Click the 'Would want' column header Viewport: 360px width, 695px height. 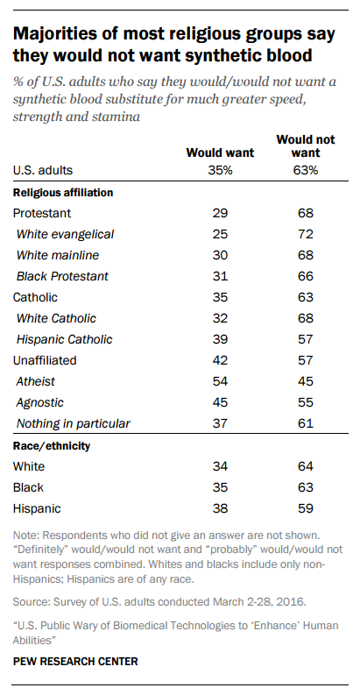pos(220,152)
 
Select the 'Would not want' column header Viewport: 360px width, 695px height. pos(306,146)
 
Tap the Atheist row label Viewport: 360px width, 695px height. pos(36,381)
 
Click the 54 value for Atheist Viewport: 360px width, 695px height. pos(220,381)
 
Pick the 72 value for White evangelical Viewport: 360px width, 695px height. pos(306,234)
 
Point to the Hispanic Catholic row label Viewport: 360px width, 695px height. pos(64,339)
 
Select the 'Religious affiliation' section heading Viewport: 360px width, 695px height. pos(63,193)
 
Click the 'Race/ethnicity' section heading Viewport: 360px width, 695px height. pos(52,446)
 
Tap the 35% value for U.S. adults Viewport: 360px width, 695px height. pos(220,171)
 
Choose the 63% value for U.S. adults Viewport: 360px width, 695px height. pos(306,171)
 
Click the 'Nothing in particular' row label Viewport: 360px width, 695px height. pos(73,423)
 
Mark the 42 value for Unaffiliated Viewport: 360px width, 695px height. pos(220,360)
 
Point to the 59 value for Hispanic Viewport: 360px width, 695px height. pos(306,508)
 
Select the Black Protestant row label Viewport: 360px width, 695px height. pos(62,277)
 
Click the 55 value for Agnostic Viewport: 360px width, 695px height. pos(306,402)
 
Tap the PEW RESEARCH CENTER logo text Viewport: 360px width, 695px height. pos(75,662)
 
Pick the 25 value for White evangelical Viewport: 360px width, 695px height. pos(220,234)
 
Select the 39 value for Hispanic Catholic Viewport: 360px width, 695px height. pos(220,339)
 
